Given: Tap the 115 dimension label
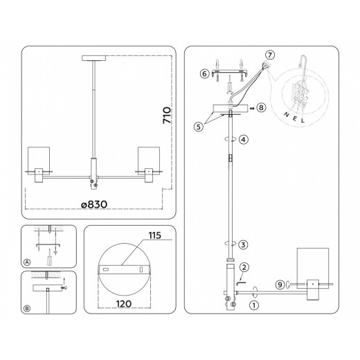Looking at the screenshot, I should pyautogui.click(x=154, y=236).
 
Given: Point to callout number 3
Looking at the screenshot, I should pyautogui.click(x=242, y=244).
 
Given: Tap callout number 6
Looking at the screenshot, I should pyautogui.click(x=205, y=73).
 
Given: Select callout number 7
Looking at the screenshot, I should pyautogui.click(x=270, y=55).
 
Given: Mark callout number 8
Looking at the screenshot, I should pyautogui.click(x=260, y=108).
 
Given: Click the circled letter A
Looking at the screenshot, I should pyautogui.click(x=27, y=262).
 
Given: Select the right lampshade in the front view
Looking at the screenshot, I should pyautogui.click(x=149, y=160).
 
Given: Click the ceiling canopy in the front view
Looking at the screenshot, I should pyautogui.click(x=92, y=57).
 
